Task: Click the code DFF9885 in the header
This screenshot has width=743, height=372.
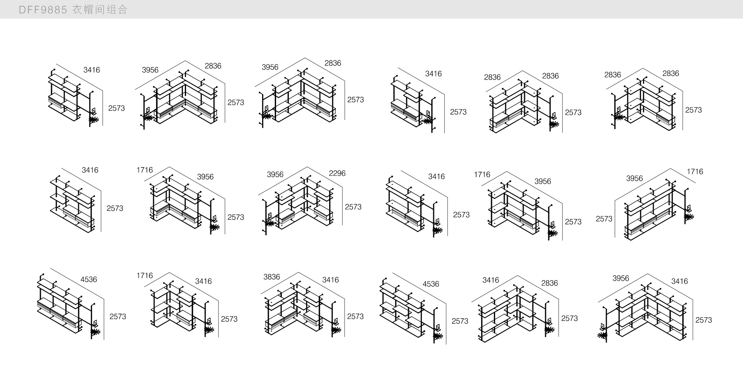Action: (x=43, y=10)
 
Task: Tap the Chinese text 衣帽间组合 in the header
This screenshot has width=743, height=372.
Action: (x=100, y=10)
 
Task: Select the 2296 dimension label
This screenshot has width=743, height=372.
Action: (x=337, y=173)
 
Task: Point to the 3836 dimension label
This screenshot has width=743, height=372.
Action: (x=271, y=277)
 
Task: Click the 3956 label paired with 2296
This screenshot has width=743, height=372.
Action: (x=275, y=175)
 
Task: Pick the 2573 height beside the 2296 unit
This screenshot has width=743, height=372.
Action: (x=353, y=207)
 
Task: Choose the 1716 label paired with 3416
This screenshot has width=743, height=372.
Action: (x=145, y=276)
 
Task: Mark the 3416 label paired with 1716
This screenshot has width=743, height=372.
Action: (x=203, y=281)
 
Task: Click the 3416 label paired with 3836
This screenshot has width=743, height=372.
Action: (x=330, y=280)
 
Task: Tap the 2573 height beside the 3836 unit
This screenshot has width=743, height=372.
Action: (x=355, y=317)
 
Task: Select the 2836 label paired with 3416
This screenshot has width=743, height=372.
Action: (x=549, y=283)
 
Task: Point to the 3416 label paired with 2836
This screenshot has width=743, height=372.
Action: (x=491, y=280)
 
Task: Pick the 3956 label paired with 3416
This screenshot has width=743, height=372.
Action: (x=621, y=279)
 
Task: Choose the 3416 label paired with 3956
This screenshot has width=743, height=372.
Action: (x=679, y=281)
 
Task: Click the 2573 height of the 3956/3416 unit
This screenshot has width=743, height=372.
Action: (x=703, y=320)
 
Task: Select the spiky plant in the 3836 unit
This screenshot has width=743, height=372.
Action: (x=336, y=330)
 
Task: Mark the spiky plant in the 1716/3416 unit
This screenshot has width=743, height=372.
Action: (x=209, y=330)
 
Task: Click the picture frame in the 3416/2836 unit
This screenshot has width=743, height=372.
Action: (x=550, y=321)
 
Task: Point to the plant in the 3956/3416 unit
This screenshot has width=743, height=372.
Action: (x=602, y=335)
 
